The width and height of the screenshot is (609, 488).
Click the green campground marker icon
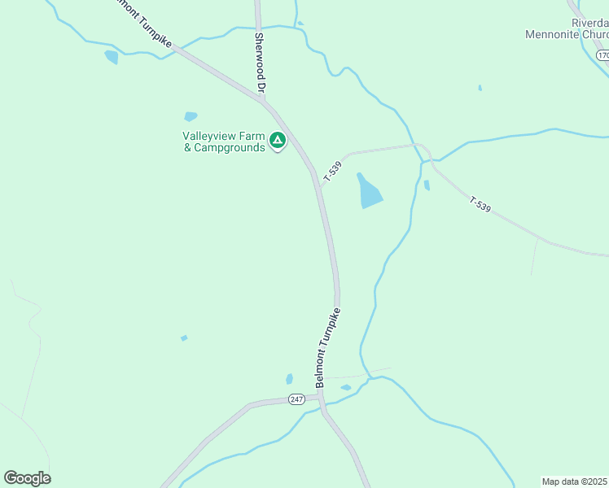pos(278,142)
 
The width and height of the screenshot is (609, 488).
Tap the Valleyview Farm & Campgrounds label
pos(224,142)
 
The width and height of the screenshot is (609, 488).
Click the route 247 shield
pos(296,399)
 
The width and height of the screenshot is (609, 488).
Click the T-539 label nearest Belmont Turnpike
pos(332,171)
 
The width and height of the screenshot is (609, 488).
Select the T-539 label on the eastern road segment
pos(480,203)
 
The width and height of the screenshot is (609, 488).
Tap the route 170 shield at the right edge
pos(602,55)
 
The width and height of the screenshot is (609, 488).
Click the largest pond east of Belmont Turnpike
pos(369,190)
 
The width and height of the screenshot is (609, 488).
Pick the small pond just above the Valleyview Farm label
pos(191,116)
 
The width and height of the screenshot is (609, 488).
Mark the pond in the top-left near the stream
pos(112,56)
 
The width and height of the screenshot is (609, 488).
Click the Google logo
pos(27,478)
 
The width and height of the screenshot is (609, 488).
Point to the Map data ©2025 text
pos(574,481)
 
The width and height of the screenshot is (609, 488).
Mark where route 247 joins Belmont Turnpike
pos(321,398)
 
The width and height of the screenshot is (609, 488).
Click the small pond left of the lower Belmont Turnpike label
pos(289,379)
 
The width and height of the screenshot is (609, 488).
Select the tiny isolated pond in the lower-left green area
pos(184,338)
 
